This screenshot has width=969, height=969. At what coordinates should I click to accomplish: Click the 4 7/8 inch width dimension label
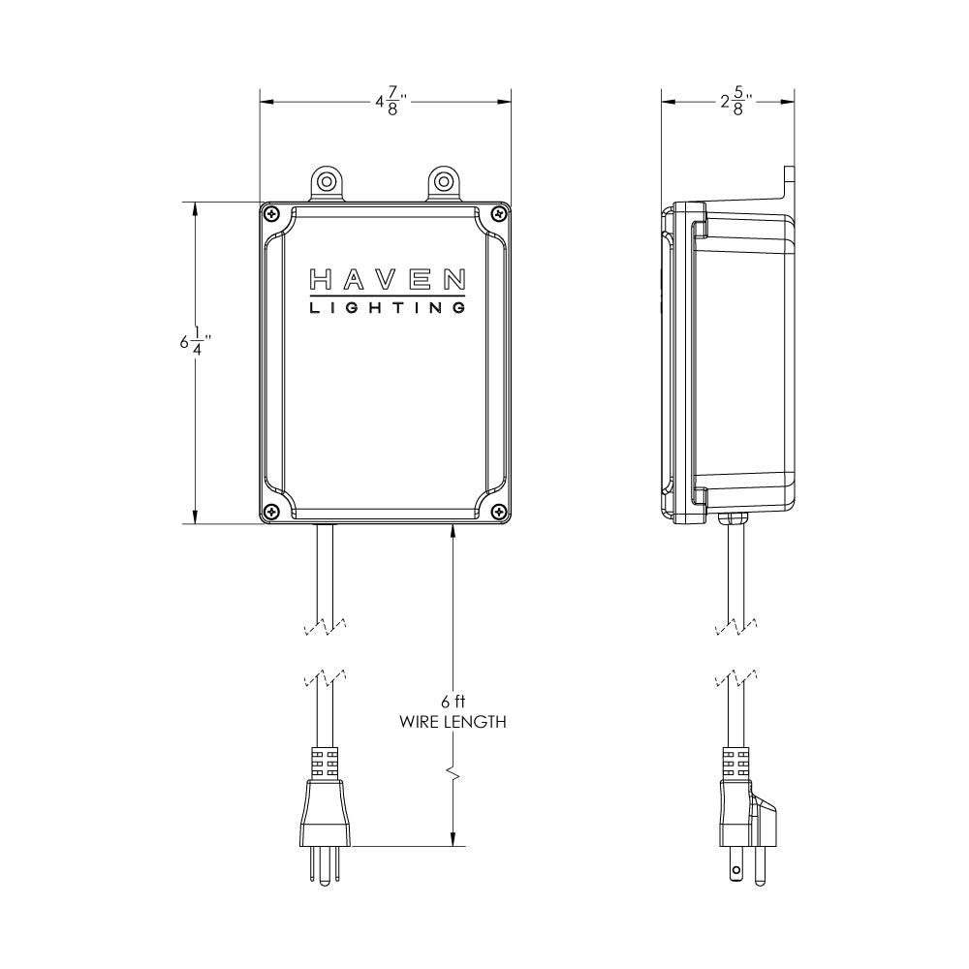click(x=391, y=101)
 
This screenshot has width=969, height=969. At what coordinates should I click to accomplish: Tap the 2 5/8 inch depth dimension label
click(x=736, y=101)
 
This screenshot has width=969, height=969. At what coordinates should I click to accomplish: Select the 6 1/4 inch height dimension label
click(x=196, y=342)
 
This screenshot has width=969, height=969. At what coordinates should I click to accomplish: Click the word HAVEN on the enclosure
click(x=387, y=280)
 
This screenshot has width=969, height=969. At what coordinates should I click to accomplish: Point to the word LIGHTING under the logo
click(x=387, y=308)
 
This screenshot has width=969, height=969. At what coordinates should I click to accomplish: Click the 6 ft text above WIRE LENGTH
click(x=453, y=702)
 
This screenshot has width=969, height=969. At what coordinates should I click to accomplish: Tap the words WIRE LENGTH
click(x=453, y=722)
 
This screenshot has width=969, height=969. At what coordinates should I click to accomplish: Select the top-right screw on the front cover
click(x=498, y=214)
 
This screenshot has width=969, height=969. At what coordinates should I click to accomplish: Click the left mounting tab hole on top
click(x=327, y=182)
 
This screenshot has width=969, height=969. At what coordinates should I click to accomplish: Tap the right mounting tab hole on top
click(x=443, y=182)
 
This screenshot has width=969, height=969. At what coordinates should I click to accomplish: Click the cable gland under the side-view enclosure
click(x=733, y=517)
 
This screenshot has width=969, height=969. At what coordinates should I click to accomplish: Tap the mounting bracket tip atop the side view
click(x=789, y=173)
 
